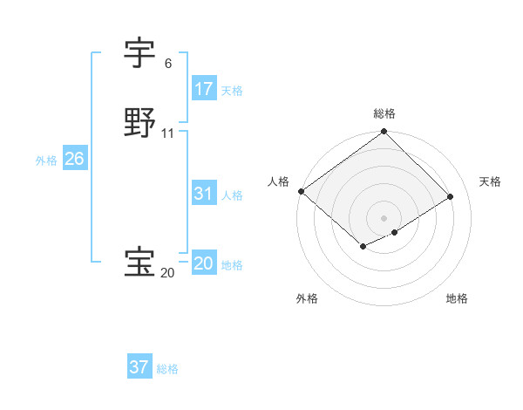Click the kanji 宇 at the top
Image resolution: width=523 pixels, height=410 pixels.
click(x=140, y=53)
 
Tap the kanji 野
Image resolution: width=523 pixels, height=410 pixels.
click(x=140, y=123)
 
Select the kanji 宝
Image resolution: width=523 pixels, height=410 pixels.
click(x=140, y=263)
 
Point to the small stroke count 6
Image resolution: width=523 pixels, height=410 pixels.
click(x=168, y=64)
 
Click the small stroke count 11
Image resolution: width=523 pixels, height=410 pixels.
click(x=168, y=133)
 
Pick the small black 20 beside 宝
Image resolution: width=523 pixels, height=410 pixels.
click(x=168, y=273)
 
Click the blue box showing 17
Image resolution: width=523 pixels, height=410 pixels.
click(x=203, y=89)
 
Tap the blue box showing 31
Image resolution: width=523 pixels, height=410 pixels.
click(x=203, y=195)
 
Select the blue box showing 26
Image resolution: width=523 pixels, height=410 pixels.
click(x=74, y=160)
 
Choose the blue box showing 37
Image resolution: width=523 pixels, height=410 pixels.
click(x=139, y=367)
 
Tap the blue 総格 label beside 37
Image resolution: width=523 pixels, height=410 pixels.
click(x=167, y=369)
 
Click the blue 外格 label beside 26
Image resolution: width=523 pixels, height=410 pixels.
click(x=46, y=161)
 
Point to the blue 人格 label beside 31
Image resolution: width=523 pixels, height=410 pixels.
click(x=232, y=195)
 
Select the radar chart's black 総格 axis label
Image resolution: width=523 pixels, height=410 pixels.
click(x=384, y=113)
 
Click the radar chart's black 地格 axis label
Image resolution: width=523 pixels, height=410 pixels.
click(x=457, y=298)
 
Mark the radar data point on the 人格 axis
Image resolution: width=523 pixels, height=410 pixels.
click(x=301, y=191)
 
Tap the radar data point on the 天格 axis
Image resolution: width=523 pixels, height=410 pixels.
click(x=451, y=196)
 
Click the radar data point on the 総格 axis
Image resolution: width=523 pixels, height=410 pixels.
click(x=384, y=132)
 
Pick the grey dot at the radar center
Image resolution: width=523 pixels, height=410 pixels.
click(x=384, y=218)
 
